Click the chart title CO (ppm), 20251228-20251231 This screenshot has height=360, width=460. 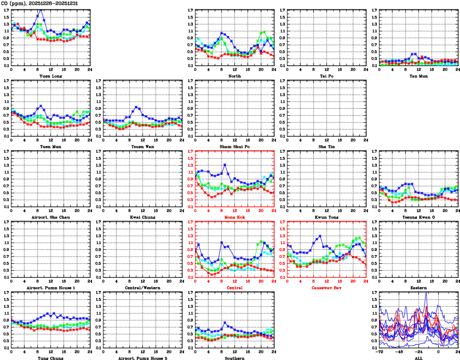pos(40,3)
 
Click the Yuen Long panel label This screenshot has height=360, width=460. pos(51,76)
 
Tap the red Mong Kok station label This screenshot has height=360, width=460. pos(235,217)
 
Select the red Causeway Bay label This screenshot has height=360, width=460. pos(326,288)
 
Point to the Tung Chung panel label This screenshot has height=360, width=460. pos(51,358)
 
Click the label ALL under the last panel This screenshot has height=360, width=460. pos(419,358)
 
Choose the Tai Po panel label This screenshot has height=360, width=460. pos(327,76)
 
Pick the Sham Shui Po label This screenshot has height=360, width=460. pos(235,146)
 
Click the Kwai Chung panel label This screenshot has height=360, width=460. pos(143,217)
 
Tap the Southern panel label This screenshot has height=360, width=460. pos(235,358)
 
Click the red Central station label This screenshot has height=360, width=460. pos(235,288)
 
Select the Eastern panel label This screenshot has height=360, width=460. pos(419,288)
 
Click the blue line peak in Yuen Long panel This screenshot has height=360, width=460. pos(41,9)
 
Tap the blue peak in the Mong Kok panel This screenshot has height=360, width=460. pos(225,165)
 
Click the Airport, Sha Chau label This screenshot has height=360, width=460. pos(51,217)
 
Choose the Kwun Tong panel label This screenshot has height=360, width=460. pos(327,217)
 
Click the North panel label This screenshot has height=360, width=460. pos(235,76)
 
